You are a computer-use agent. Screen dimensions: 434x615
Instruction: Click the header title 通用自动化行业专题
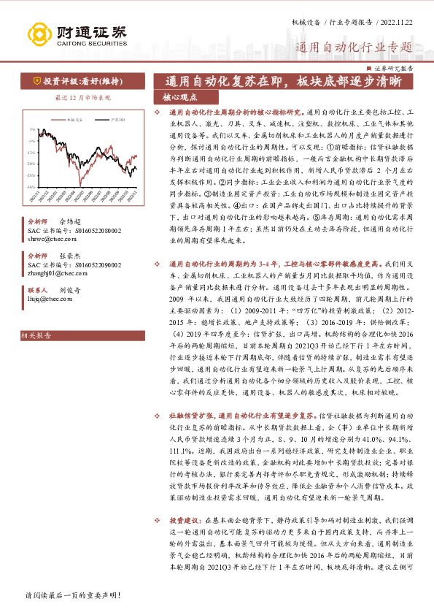(353, 48)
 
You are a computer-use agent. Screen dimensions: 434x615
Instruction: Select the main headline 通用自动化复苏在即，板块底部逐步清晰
(283, 81)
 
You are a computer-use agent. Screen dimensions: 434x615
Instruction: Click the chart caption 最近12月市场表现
(83, 97)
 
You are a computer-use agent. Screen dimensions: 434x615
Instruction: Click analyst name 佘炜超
(69, 220)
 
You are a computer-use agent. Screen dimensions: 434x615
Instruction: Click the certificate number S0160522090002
(93, 265)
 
